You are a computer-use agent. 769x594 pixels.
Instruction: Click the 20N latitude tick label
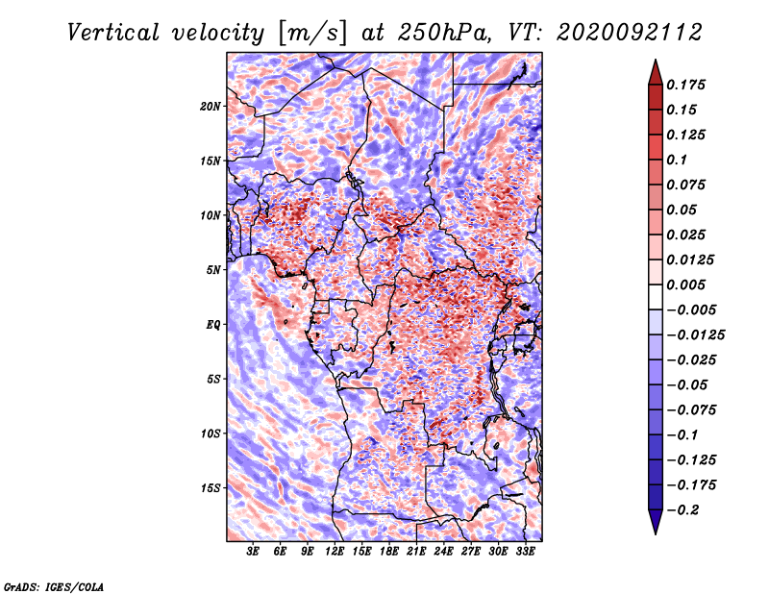pos(211,107)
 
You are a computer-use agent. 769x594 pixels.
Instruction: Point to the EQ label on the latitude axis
pos(212,325)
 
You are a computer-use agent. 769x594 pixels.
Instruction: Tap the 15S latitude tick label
pos(211,488)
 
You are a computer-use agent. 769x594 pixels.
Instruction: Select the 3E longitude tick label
pos(253,551)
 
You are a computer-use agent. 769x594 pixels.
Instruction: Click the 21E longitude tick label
pos(416,551)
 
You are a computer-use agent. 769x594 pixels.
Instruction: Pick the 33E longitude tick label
pos(525,551)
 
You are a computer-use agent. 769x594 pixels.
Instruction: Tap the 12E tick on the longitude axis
pos(335,551)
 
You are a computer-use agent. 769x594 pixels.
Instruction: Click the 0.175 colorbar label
pos(685,85)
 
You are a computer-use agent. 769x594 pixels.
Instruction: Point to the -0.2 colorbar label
pos(682,510)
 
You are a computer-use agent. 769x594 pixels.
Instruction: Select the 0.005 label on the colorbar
pos(685,285)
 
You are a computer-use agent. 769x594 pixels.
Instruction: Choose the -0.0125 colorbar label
pos(695,335)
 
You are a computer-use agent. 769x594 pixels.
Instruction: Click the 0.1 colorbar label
pos(677,160)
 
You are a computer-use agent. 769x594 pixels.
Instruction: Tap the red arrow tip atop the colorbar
pos(656,60)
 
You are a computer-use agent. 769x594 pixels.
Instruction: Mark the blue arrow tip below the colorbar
pos(656,533)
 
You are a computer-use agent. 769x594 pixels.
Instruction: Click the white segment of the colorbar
pos(656,297)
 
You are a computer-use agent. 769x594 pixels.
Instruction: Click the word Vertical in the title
pos(113,33)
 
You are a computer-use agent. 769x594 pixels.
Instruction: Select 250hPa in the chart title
pos(443,33)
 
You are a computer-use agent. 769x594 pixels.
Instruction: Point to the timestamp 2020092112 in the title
pos(630,33)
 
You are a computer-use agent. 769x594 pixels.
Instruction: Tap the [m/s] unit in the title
pos(313,34)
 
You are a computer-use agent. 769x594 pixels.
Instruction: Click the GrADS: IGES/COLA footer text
pos(54,587)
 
